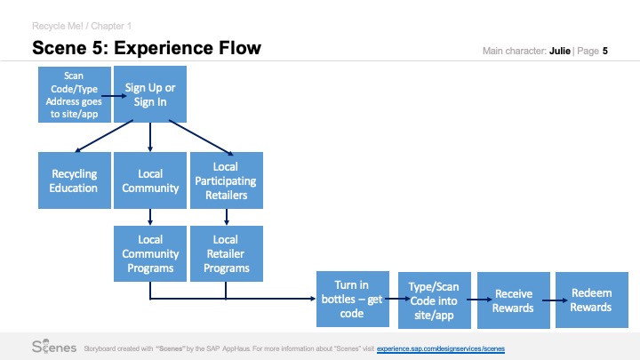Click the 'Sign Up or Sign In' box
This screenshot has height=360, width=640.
coord(150,94)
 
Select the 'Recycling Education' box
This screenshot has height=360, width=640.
coord(75,180)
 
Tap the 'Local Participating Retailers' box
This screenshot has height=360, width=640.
coord(227,180)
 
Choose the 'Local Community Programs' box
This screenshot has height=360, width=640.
coord(150,253)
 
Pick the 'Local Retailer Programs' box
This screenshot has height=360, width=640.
coord(227,253)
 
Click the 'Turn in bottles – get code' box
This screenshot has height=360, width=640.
coord(353,300)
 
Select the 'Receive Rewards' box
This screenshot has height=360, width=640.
coord(514,300)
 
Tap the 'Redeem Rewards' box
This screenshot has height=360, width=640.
coord(592,300)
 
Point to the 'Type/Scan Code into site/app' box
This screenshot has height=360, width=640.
coord(435,300)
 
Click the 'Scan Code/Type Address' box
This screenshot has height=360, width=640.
coord(75,95)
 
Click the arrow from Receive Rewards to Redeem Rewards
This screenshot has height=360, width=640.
coord(555,300)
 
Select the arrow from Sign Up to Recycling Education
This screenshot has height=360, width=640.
coord(104,136)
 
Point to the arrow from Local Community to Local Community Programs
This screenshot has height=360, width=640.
coord(150,217)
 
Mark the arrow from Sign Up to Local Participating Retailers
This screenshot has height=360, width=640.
coord(201,138)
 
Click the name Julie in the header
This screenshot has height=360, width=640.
coord(560,51)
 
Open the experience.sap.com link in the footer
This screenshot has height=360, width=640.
coord(441,348)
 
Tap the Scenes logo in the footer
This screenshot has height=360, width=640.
coord(54,347)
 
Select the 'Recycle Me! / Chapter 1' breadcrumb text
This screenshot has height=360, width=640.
coord(82,26)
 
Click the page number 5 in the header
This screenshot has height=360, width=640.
coord(605,51)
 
